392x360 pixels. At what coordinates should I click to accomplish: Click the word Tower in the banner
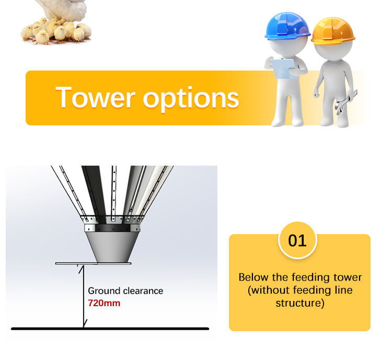pyautogui.click(x=95, y=98)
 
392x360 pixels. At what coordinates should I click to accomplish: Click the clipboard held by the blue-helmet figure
pyautogui.click(x=283, y=68)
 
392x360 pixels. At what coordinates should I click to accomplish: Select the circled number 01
pyautogui.click(x=297, y=240)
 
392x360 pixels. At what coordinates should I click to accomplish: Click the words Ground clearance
pyautogui.click(x=125, y=291)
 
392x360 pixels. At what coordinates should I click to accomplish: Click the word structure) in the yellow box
pyautogui.click(x=299, y=303)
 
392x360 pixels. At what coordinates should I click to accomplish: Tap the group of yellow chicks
pyautogui.click(x=52, y=31)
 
